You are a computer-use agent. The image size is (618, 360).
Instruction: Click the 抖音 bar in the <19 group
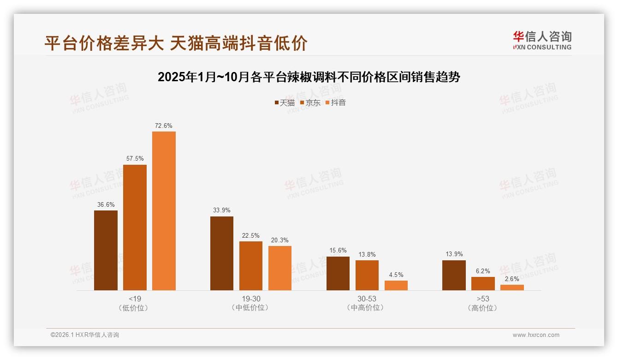[164, 211]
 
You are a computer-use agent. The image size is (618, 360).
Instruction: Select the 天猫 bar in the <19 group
[106, 250]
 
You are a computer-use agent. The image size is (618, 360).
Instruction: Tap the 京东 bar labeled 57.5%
[135, 228]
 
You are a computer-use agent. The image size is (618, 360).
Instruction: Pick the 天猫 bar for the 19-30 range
[222, 253]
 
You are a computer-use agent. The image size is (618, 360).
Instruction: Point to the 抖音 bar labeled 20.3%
[280, 268]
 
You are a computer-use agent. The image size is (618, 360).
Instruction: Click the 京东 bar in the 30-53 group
[367, 276]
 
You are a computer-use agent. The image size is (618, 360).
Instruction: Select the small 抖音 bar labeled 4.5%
[396, 286]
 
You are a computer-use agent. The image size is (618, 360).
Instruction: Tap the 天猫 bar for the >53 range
[454, 276]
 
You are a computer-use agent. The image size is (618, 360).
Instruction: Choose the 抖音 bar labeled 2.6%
[512, 288]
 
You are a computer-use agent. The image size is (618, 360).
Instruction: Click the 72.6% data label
[164, 126]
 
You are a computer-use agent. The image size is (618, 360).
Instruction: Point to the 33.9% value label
[222, 210]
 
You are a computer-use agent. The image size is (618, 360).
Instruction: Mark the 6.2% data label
[483, 271]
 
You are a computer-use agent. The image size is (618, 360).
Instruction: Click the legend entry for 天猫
[284, 102]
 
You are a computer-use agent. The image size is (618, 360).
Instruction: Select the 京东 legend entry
[310, 102]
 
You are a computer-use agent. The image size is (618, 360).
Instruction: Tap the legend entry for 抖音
[335, 102]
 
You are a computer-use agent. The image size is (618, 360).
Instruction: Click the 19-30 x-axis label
[251, 299]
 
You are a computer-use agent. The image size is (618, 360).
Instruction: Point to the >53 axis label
[483, 299]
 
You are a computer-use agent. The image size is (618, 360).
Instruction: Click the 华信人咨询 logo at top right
[542, 40]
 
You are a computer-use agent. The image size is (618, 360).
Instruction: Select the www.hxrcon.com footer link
[536, 335]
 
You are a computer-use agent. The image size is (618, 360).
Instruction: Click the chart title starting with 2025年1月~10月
[309, 77]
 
